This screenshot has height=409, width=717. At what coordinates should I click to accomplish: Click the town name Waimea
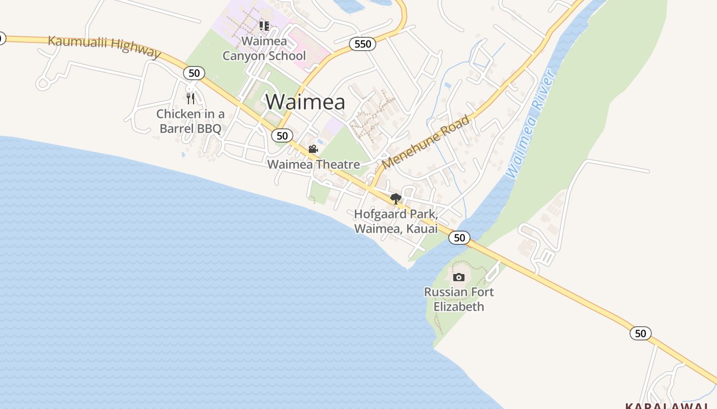(305, 102)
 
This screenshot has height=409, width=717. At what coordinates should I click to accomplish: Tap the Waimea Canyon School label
(264, 48)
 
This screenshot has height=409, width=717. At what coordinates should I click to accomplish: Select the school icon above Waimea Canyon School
(264, 26)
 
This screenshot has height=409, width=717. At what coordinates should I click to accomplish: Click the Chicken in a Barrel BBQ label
(191, 121)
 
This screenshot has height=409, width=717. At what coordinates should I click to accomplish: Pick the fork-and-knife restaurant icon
(191, 98)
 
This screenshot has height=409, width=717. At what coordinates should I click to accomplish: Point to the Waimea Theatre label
(313, 164)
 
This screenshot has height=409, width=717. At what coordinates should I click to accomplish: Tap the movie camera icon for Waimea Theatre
(313, 149)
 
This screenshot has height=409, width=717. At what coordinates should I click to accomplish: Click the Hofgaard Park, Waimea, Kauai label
(396, 221)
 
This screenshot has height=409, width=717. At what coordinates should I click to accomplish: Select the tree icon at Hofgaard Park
(395, 199)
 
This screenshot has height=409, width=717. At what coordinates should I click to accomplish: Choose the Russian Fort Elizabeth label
(459, 299)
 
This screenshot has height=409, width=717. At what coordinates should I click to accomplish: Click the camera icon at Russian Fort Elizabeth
(459, 277)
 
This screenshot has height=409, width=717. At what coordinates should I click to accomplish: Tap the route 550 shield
(363, 44)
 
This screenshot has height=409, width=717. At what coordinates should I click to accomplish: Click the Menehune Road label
(426, 142)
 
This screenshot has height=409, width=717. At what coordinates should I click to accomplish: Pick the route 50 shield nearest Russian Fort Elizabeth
(459, 237)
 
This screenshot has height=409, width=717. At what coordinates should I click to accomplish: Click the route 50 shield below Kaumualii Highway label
(194, 73)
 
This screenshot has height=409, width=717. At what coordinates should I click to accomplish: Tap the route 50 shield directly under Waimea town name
(282, 135)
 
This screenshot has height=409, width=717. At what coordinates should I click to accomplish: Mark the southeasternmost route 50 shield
(640, 333)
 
